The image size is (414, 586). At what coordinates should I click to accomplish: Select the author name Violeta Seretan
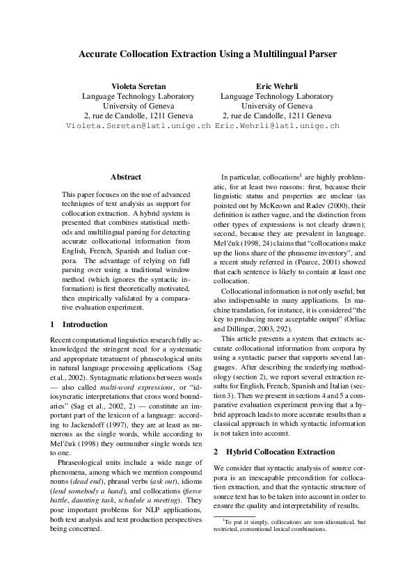point(138,86)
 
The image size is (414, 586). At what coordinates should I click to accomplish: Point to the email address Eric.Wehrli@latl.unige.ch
point(277,126)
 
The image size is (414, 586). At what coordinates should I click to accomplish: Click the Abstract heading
point(126,177)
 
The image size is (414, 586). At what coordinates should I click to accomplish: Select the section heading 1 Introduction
point(79,324)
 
